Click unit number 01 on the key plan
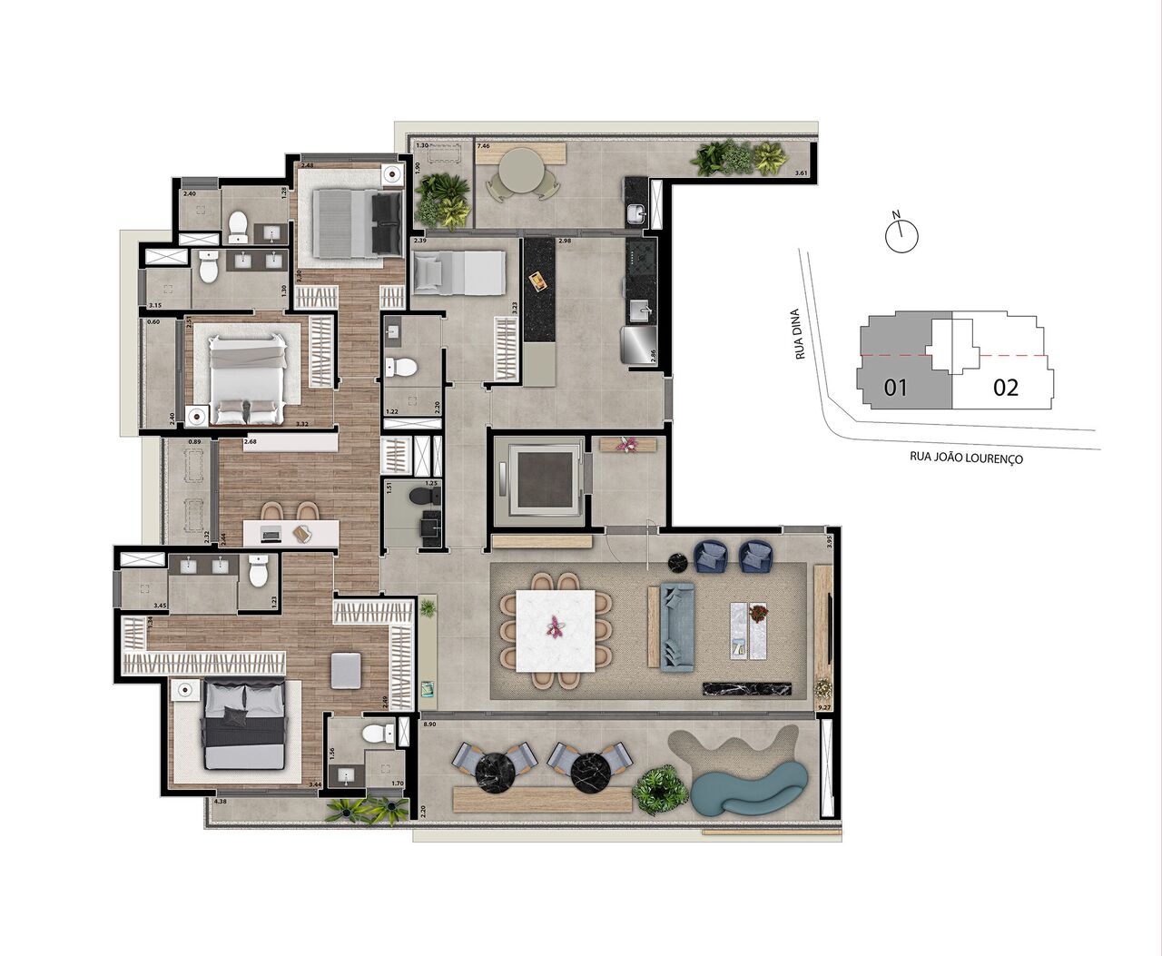point(896,388)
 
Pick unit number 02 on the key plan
point(1005,388)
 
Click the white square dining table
point(555,630)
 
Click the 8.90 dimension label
point(431,725)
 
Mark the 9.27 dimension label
point(824,706)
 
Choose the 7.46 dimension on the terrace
point(484,146)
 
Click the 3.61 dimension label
point(800,172)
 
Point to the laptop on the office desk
point(271,534)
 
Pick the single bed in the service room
point(458,271)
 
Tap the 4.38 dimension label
point(221,802)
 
